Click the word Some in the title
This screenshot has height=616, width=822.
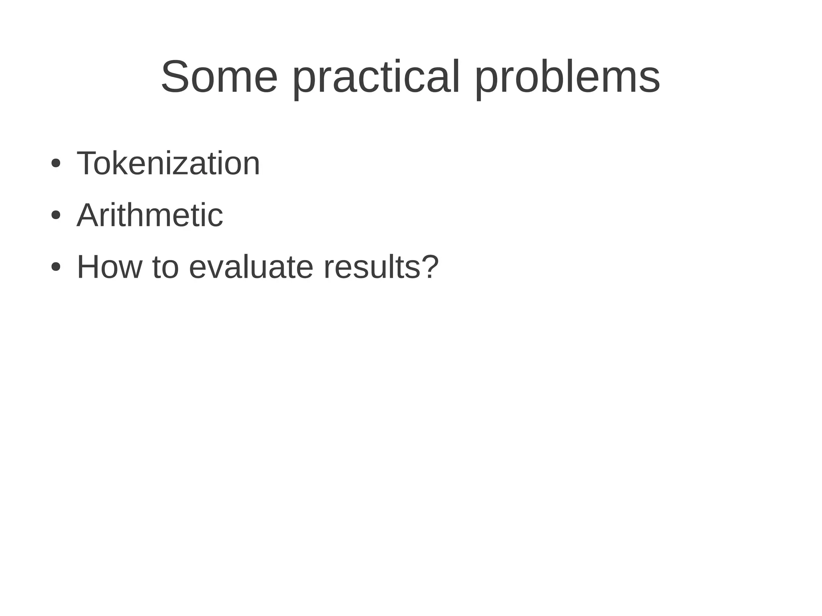pos(219,77)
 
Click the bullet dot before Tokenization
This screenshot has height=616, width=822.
pos(55,164)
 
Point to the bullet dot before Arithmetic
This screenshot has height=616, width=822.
pos(55,215)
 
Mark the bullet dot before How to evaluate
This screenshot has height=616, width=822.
pos(55,267)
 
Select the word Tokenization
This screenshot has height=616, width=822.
pos(168,163)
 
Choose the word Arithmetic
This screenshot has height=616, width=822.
pos(149,215)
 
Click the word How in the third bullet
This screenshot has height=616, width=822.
pos(110,267)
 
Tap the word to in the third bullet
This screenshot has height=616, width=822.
pos(165,267)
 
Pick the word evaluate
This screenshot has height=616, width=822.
pos(251,267)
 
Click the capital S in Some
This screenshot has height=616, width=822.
pos(175,77)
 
